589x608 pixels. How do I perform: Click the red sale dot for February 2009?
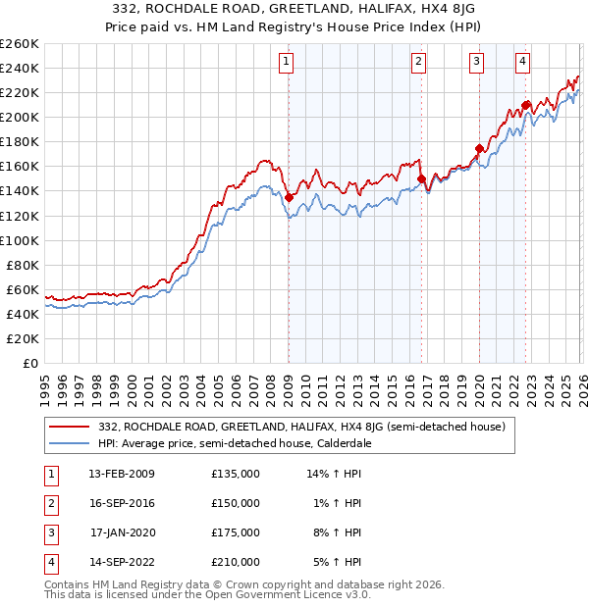tap(289, 197)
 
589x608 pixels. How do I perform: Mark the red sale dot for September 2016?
tap(421, 178)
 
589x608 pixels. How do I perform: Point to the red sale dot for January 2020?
tap(479, 148)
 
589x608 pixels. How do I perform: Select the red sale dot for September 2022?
tap(525, 105)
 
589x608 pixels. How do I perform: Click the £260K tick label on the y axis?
tap(20, 44)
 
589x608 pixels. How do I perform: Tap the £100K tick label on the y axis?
tap(20, 240)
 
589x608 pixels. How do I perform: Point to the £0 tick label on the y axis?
tap(29, 363)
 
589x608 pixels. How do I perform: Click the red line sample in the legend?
tap(70, 427)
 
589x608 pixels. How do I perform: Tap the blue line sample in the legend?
tap(70, 443)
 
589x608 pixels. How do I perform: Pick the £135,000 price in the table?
tap(236, 474)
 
